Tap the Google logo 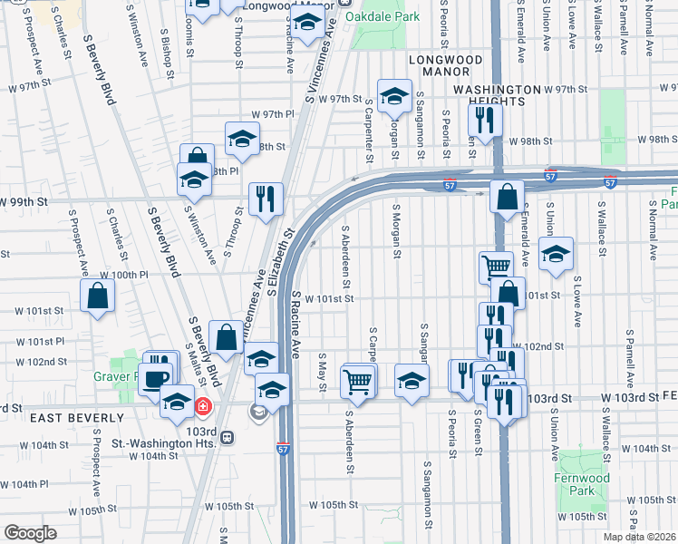point(29,533)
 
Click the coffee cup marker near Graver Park point(155,378)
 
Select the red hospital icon point(204,405)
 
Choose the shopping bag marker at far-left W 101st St point(97,296)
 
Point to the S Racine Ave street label point(295,324)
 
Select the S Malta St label point(197,362)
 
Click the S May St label point(322,366)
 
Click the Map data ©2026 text point(639,537)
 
